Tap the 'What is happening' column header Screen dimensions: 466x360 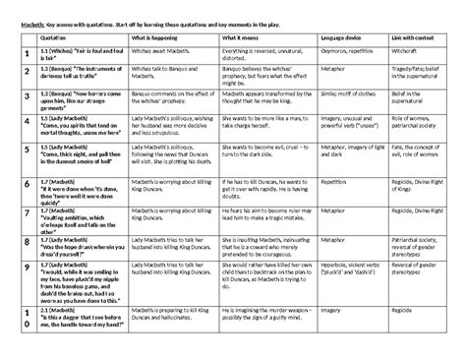tap(158, 35)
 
